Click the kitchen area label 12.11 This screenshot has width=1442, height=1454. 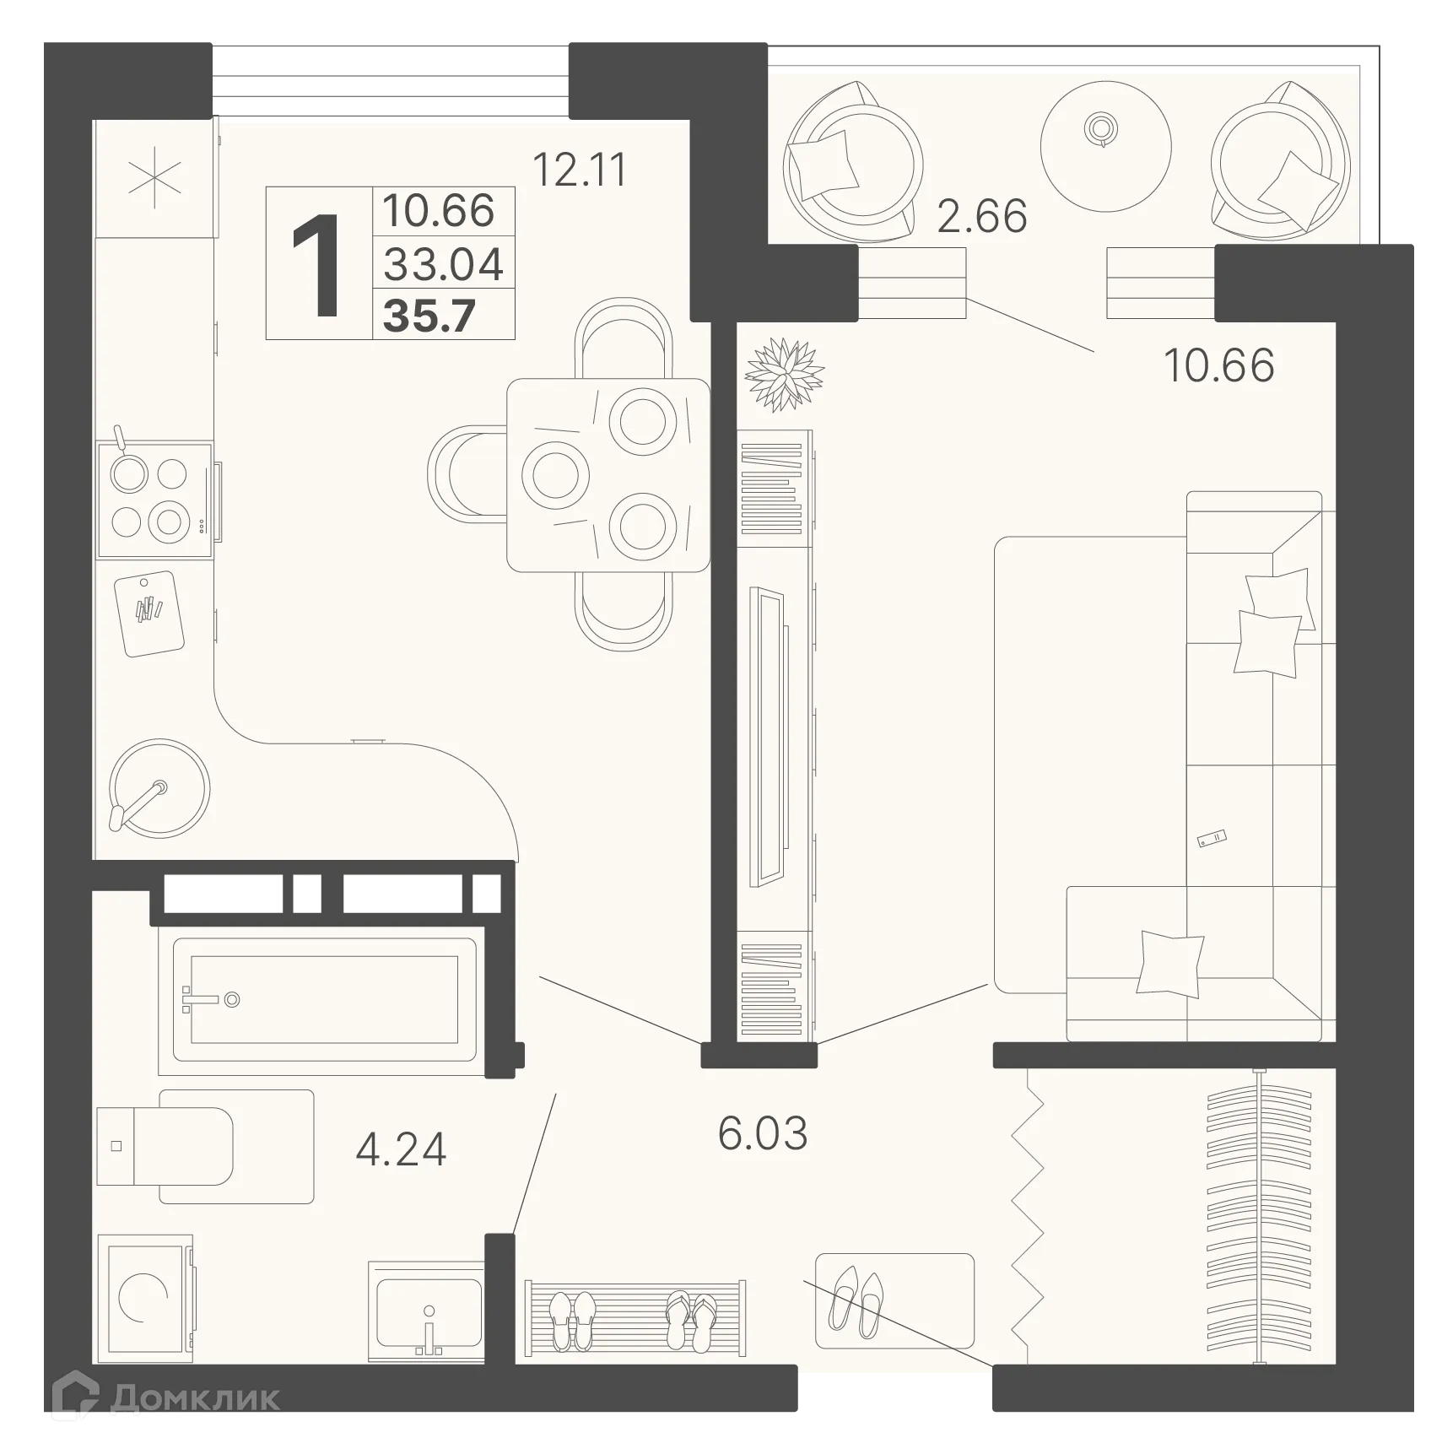[580, 170]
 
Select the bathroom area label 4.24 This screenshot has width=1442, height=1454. [401, 1149]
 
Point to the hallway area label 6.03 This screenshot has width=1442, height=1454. [762, 1132]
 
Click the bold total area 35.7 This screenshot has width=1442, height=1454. [429, 316]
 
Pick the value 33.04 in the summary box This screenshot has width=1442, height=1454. [443, 264]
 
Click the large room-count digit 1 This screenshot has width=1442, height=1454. [316, 265]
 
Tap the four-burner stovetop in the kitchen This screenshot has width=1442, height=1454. [154, 499]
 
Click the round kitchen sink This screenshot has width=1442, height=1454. [159, 788]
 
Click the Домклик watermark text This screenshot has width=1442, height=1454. [195, 1398]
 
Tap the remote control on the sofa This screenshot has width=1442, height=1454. [1212, 839]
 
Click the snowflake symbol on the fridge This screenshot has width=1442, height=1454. [154, 180]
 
